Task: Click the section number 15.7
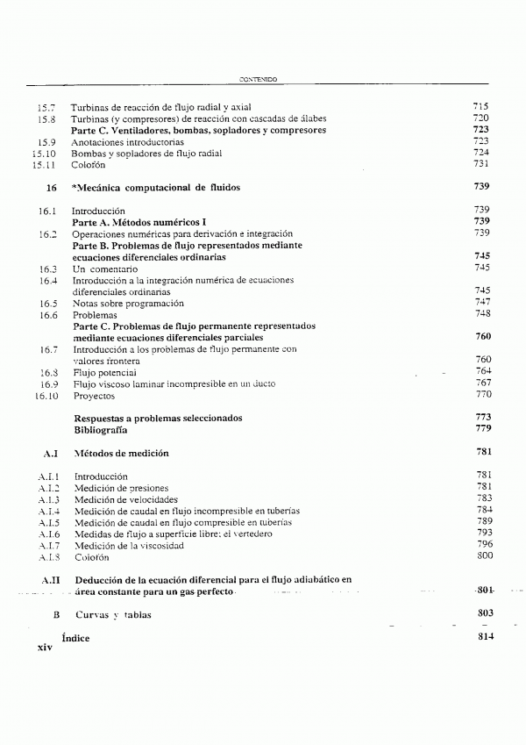pos(46,106)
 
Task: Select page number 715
pos(480,106)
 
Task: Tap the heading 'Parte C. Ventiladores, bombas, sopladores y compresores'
pos(198,130)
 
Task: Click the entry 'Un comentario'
pos(107,268)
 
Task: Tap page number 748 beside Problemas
pos(481,314)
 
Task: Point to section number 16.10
pos(44,395)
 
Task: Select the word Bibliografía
pos(101,431)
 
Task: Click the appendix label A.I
pos(49,454)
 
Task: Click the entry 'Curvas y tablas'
pos(113,615)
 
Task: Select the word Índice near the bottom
pos(75,639)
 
